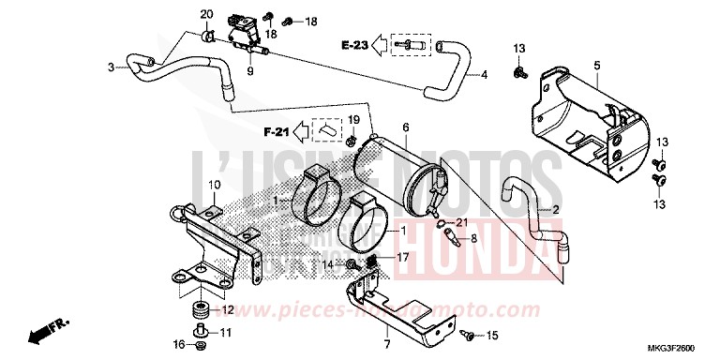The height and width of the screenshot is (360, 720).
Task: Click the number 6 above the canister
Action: click(406, 127)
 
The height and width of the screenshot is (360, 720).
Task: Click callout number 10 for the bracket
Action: click(213, 184)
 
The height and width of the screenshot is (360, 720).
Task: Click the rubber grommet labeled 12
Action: click(199, 308)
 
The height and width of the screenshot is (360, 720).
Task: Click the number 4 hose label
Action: click(486, 74)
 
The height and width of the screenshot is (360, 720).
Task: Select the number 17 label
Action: click(402, 255)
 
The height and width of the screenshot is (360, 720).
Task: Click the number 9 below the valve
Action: click(250, 71)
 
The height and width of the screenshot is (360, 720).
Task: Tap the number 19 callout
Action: click(353, 121)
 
